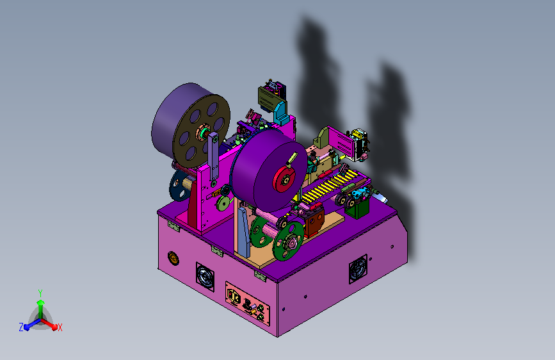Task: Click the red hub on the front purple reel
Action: (284, 179)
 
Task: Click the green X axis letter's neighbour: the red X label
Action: (60, 327)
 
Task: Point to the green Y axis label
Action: (40, 293)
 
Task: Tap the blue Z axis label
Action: (21, 327)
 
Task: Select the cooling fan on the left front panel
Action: (205, 277)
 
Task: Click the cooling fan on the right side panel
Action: (358, 269)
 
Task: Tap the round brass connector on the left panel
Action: (173, 258)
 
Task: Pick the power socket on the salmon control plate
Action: (234, 296)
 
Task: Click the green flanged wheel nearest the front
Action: (289, 241)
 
